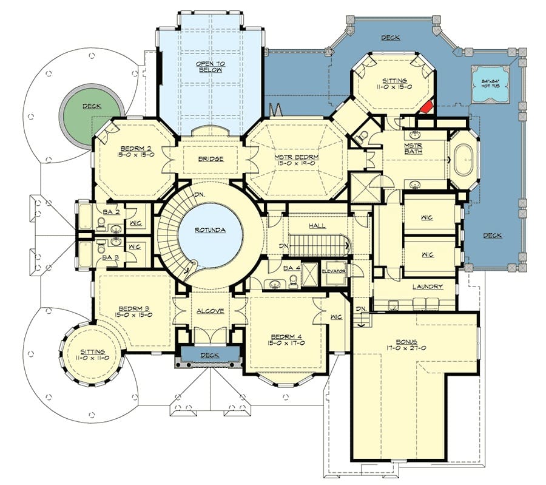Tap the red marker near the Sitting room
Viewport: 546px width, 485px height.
click(x=426, y=106)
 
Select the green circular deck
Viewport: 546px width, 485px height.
click(x=92, y=117)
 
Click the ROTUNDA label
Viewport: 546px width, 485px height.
click(x=210, y=230)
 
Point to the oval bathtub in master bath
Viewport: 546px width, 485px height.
click(x=463, y=160)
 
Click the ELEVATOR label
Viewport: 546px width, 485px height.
click(x=334, y=271)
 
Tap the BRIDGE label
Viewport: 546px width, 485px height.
click(x=211, y=159)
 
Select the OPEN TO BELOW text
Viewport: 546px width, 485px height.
click(x=211, y=67)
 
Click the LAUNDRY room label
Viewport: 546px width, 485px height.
click(x=427, y=287)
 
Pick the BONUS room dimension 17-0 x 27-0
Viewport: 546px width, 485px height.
click(x=406, y=348)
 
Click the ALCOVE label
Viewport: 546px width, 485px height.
click(x=211, y=311)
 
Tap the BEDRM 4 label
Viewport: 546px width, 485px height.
click(x=286, y=336)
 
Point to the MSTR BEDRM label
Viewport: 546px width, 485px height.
click(x=296, y=157)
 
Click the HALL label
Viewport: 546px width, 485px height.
click(x=317, y=226)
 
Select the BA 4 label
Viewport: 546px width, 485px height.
click(x=292, y=268)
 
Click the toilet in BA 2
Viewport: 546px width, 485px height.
click(x=101, y=224)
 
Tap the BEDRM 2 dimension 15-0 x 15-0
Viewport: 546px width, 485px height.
click(x=135, y=154)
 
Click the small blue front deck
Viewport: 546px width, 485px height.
click(x=210, y=354)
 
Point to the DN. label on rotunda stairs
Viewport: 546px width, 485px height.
click(x=199, y=194)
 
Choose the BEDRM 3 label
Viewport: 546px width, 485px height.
click(x=133, y=308)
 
